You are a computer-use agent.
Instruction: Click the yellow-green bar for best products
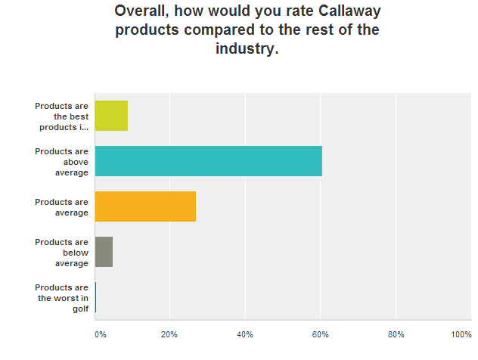coord(111,116)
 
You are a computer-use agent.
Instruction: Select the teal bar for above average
coord(209,161)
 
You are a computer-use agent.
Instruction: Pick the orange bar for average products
coord(145,206)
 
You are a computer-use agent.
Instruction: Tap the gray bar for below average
coord(104,252)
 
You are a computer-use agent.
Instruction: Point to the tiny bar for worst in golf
coord(95,297)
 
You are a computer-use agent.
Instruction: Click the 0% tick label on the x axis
coord(99,334)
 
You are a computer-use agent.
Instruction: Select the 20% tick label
coord(169,334)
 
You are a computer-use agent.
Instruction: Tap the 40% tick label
coord(245,334)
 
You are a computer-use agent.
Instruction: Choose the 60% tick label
coord(320,334)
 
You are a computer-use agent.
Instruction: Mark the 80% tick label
coord(396,334)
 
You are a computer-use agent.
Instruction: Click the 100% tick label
coord(461,334)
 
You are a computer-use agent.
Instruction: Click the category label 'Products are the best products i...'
coord(61,116)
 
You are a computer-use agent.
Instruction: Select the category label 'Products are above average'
coord(61,161)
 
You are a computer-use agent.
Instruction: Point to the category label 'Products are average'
coord(61,207)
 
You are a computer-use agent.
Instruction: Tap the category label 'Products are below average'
coord(61,252)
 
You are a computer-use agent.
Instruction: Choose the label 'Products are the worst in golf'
coord(61,297)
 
